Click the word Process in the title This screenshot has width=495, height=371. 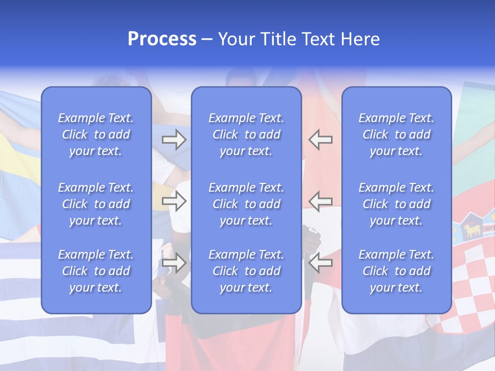click(162, 39)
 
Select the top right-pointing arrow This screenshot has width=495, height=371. click(174, 139)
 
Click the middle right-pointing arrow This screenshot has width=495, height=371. click(174, 201)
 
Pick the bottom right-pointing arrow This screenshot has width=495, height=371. click(174, 263)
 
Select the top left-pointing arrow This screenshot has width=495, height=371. click(320, 139)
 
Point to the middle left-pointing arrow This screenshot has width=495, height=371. click(320, 201)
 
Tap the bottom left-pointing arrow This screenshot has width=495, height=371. click(320, 263)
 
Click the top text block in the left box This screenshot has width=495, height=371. click(96, 134)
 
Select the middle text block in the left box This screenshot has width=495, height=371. click(96, 204)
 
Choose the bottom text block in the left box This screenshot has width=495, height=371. click(96, 271)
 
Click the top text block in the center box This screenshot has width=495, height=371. click(246, 134)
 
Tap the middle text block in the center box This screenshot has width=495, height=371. click(246, 204)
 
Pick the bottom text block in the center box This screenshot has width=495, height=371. click(246, 271)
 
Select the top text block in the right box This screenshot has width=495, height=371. click(397, 134)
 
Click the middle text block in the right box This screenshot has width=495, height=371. click(397, 204)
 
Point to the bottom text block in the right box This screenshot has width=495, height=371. click(397, 271)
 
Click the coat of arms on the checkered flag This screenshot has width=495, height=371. click(472, 229)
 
